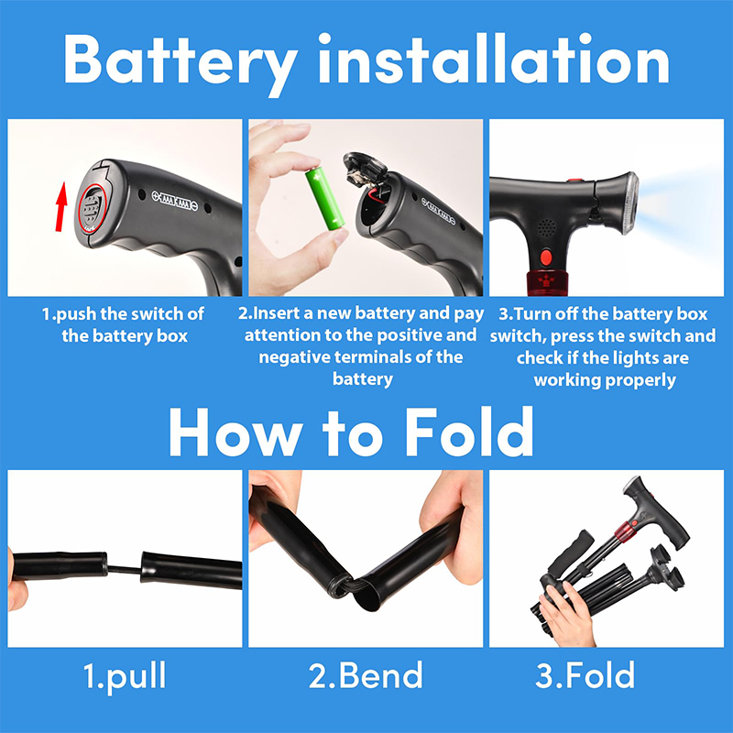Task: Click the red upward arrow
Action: [60, 207]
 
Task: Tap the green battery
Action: [325, 199]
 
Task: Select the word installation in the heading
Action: [494, 59]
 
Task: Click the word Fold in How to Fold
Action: [469, 432]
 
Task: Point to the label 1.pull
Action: [125, 676]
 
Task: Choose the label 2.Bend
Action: [366, 675]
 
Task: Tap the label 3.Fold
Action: [585, 675]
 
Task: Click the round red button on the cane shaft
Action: [545, 257]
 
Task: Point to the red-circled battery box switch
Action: [93, 208]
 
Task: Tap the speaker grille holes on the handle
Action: [545, 227]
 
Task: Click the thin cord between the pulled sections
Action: [125, 569]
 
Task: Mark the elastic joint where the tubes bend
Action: [348, 586]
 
